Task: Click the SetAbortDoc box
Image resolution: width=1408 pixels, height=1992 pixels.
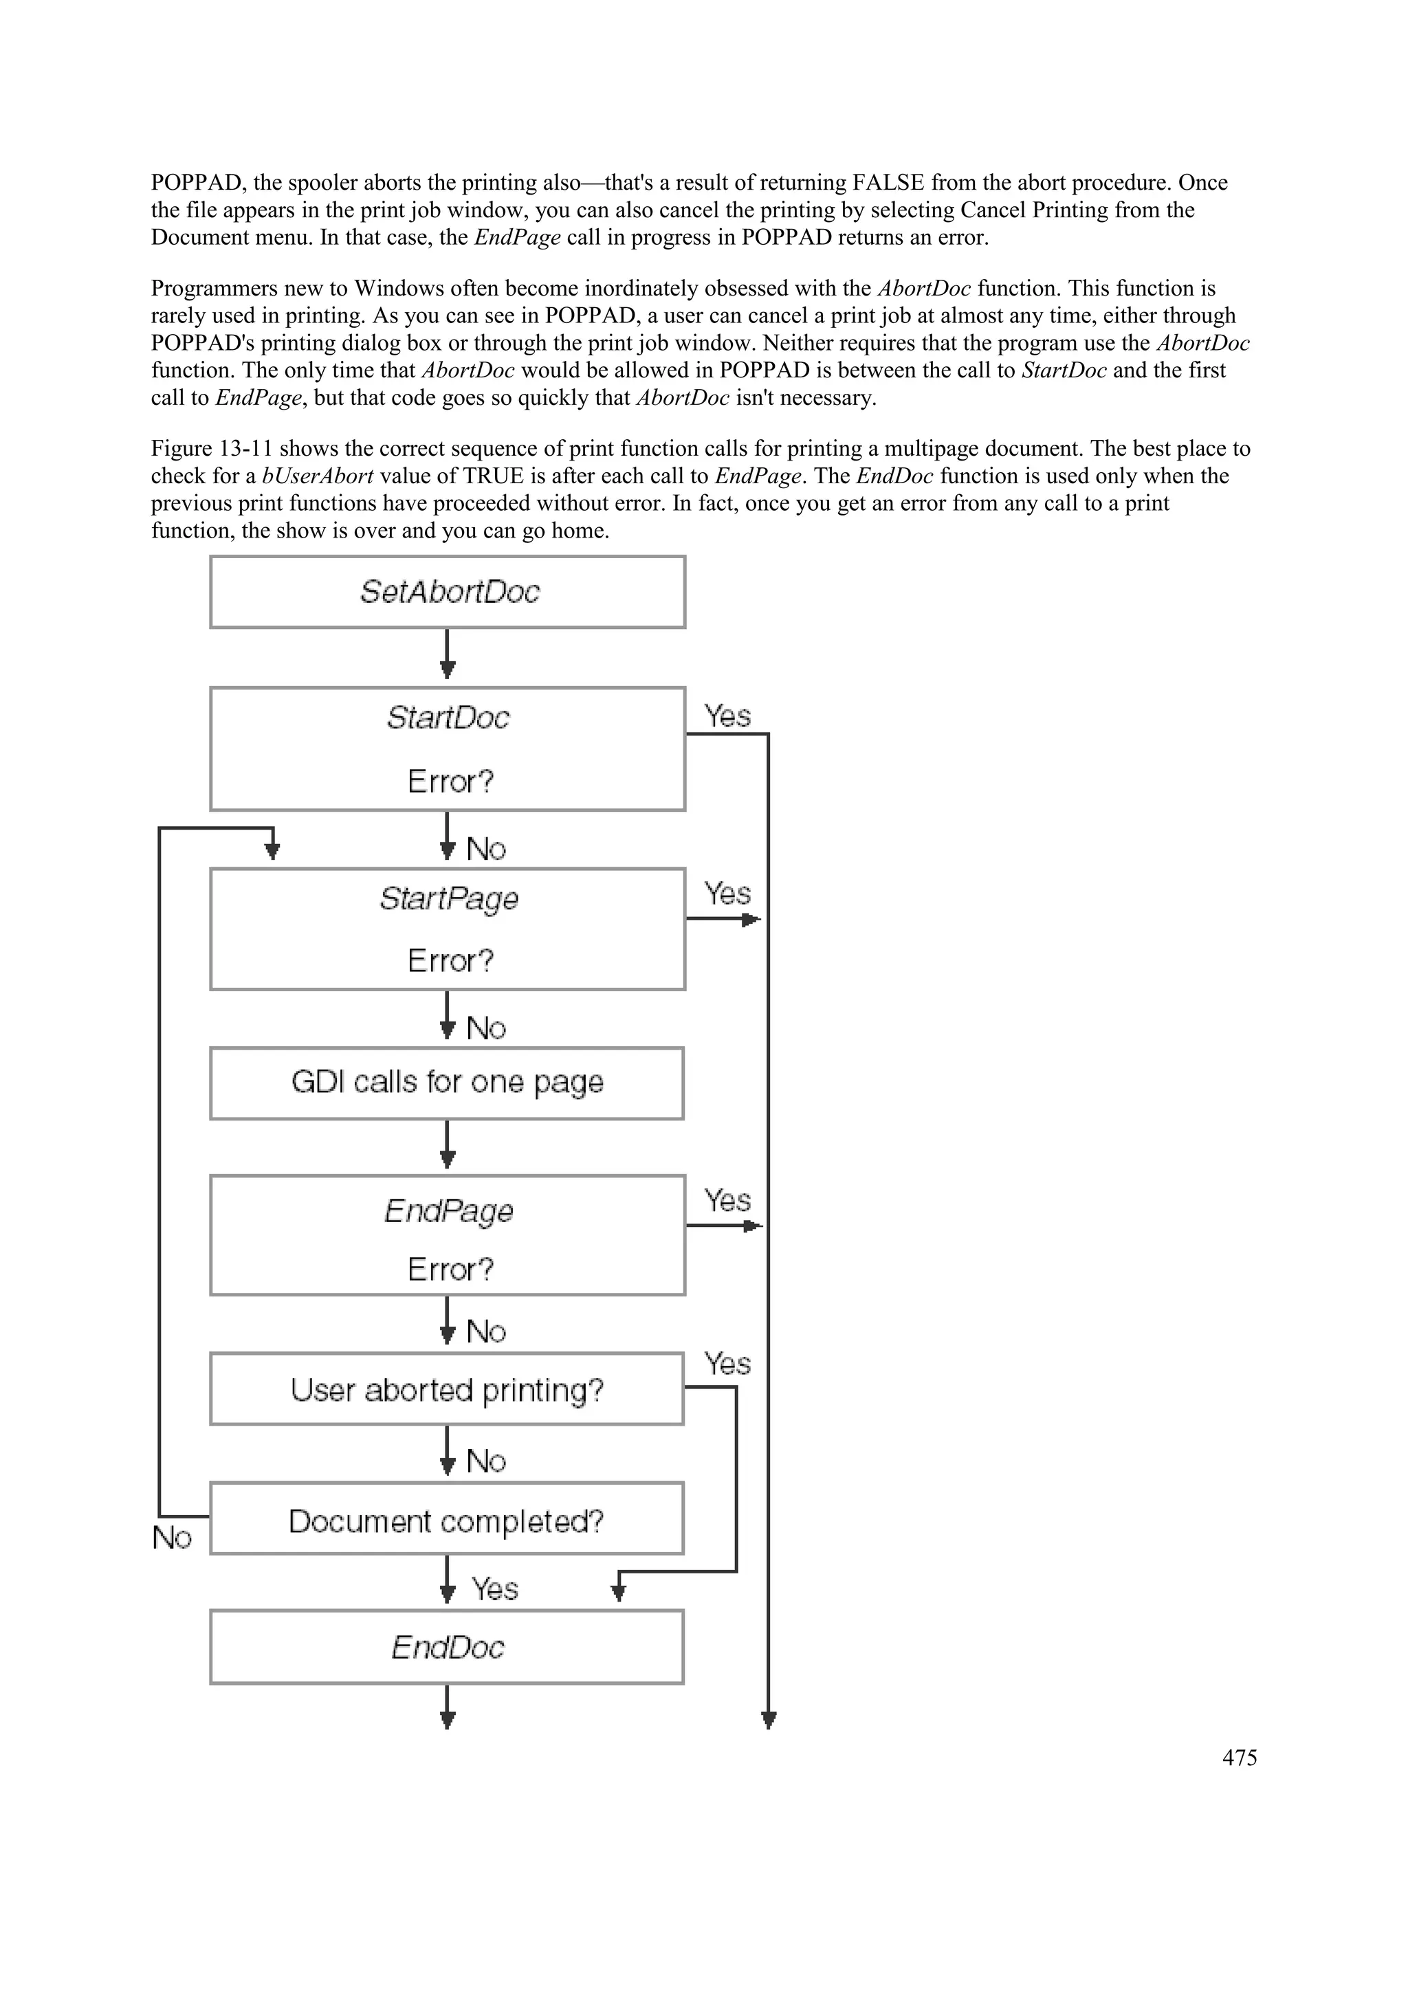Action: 448,592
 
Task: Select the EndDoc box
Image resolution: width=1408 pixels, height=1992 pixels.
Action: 447,1647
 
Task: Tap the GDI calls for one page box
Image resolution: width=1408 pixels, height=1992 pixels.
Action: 447,1083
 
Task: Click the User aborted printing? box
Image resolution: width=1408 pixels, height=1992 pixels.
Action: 447,1389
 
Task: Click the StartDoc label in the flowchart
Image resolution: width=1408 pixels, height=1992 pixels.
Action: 448,718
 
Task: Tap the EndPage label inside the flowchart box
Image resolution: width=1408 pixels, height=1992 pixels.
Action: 448,1210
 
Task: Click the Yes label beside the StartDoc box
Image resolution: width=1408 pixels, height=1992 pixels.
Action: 727,716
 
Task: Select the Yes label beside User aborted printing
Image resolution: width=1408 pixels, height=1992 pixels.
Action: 727,1364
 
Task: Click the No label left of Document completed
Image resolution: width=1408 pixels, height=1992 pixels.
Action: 172,1538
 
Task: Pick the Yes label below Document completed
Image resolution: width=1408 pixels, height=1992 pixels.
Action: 494,1589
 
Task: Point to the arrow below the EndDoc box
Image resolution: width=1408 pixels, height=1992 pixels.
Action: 448,1707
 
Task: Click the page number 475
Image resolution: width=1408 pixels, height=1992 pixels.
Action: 1239,1758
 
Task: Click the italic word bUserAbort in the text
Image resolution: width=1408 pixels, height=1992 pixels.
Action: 318,476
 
